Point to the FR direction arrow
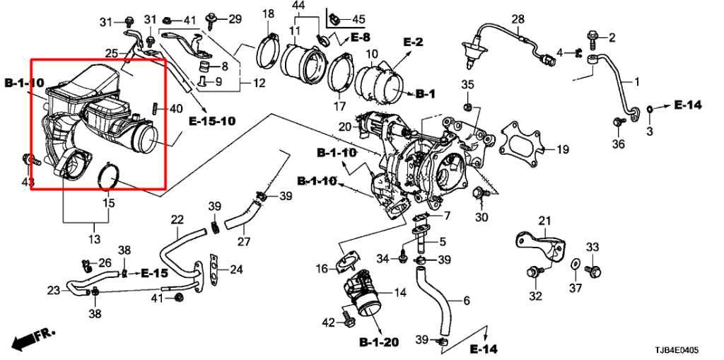27,339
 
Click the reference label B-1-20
378,343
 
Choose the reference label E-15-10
211,122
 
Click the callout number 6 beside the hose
466,301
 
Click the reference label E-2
413,42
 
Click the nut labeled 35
467,107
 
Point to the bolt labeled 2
592,36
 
